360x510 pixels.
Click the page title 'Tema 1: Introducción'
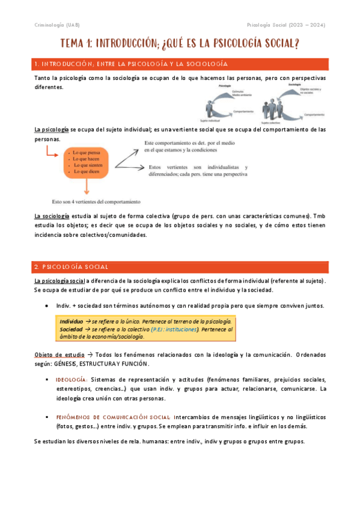180,45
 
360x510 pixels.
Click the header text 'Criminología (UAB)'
56,25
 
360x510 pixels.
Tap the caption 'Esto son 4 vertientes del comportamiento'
96,202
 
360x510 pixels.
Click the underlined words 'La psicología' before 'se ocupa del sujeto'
52,129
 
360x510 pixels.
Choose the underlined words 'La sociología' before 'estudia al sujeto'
52,216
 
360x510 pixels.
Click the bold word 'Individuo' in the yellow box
72,322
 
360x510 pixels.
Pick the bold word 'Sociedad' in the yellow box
72,330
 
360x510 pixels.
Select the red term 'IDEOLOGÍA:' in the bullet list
72,380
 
